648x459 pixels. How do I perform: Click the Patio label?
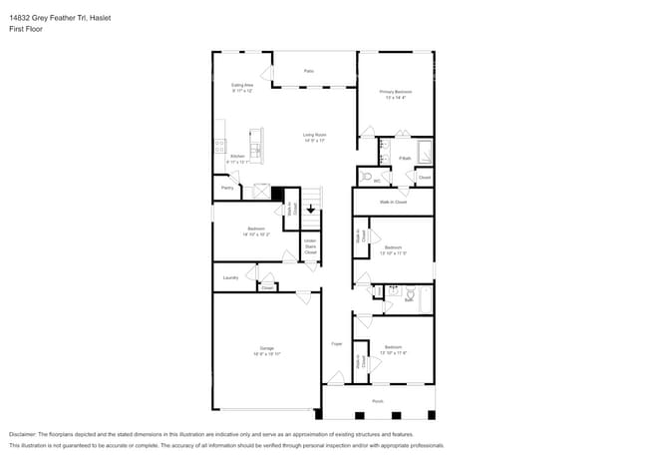point(309,71)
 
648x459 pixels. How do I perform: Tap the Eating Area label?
point(242,87)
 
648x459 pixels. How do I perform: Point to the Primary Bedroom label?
point(395,93)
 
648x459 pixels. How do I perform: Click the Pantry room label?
point(227,188)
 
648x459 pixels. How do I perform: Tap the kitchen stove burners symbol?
point(218,145)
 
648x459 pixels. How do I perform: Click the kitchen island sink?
point(255,150)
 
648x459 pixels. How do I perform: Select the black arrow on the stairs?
point(311,210)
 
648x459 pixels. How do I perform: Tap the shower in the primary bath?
point(424,153)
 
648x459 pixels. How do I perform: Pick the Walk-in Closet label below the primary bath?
point(392,202)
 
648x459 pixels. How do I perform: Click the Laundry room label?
point(230,277)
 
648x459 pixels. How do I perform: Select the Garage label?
point(267,349)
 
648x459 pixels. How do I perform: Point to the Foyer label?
point(336,344)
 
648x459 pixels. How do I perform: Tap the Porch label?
point(378,402)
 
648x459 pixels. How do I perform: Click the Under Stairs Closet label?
point(310,245)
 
